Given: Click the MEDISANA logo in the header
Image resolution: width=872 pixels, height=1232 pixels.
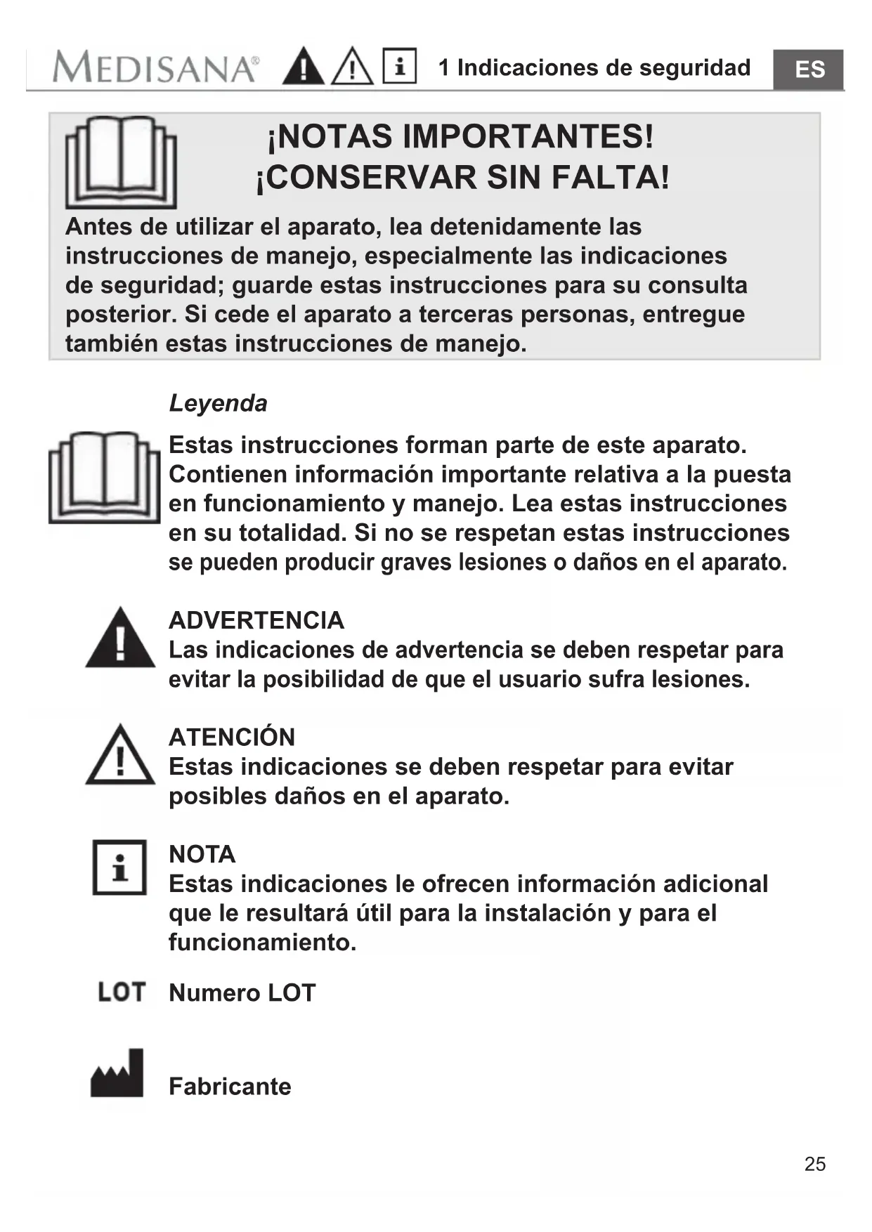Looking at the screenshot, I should tap(155, 68).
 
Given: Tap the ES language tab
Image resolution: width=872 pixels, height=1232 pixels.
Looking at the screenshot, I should tap(809, 70).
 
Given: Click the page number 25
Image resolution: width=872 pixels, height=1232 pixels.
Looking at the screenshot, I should tap(814, 1164).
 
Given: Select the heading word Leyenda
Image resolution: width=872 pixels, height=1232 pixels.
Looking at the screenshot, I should tap(218, 403).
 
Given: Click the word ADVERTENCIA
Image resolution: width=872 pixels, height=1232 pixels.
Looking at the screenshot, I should tap(256, 620).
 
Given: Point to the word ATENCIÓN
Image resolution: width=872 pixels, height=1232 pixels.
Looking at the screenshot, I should tap(232, 737).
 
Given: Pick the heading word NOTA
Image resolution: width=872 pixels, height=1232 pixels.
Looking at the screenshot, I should tap(202, 854).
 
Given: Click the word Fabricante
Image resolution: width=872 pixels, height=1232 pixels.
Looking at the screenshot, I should tap(230, 1087).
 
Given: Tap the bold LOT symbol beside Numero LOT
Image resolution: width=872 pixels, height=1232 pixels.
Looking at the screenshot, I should tap(122, 992).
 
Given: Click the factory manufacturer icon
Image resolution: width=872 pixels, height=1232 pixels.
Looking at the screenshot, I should tap(117, 1074).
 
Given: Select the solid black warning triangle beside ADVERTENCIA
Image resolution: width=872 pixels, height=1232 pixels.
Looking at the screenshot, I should tap(120, 638).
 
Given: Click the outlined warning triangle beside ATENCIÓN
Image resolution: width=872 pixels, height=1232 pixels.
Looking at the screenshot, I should tap(120, 756).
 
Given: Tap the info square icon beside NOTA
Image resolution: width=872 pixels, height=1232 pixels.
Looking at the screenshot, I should tap(119, 867).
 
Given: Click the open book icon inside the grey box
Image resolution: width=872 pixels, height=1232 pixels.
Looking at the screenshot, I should tap(120, 162).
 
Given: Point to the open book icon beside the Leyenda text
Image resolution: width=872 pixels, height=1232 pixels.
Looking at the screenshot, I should tap(104, 478).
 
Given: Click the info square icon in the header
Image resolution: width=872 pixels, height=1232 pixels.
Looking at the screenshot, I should tap(399, 66).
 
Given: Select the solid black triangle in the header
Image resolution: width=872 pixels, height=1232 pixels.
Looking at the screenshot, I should tap(303, 67).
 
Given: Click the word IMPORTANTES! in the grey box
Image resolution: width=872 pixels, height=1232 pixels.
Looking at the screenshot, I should tap(527, 136).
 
